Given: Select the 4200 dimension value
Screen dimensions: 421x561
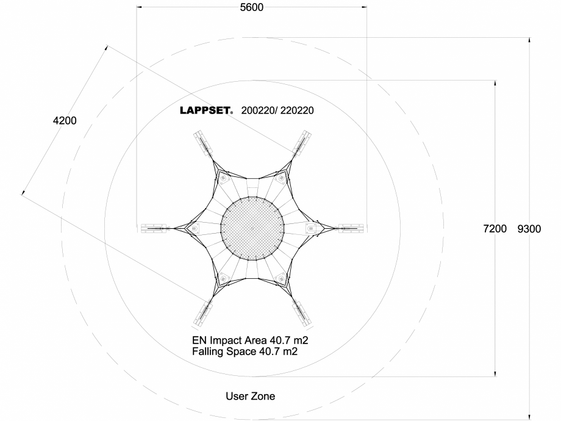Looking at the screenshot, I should tap(65, 121).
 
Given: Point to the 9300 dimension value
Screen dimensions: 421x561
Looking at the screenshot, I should tap(529, 229).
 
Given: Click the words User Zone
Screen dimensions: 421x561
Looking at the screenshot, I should tap(251, 396).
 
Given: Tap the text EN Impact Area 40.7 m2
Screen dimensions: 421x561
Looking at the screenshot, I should tap(254, 340).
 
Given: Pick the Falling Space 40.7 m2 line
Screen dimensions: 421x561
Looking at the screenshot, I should tap(245, 351).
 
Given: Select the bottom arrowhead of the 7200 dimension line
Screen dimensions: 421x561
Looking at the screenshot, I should tap(495, 373).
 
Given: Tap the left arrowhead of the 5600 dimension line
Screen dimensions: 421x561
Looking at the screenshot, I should tap(140, 7).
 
